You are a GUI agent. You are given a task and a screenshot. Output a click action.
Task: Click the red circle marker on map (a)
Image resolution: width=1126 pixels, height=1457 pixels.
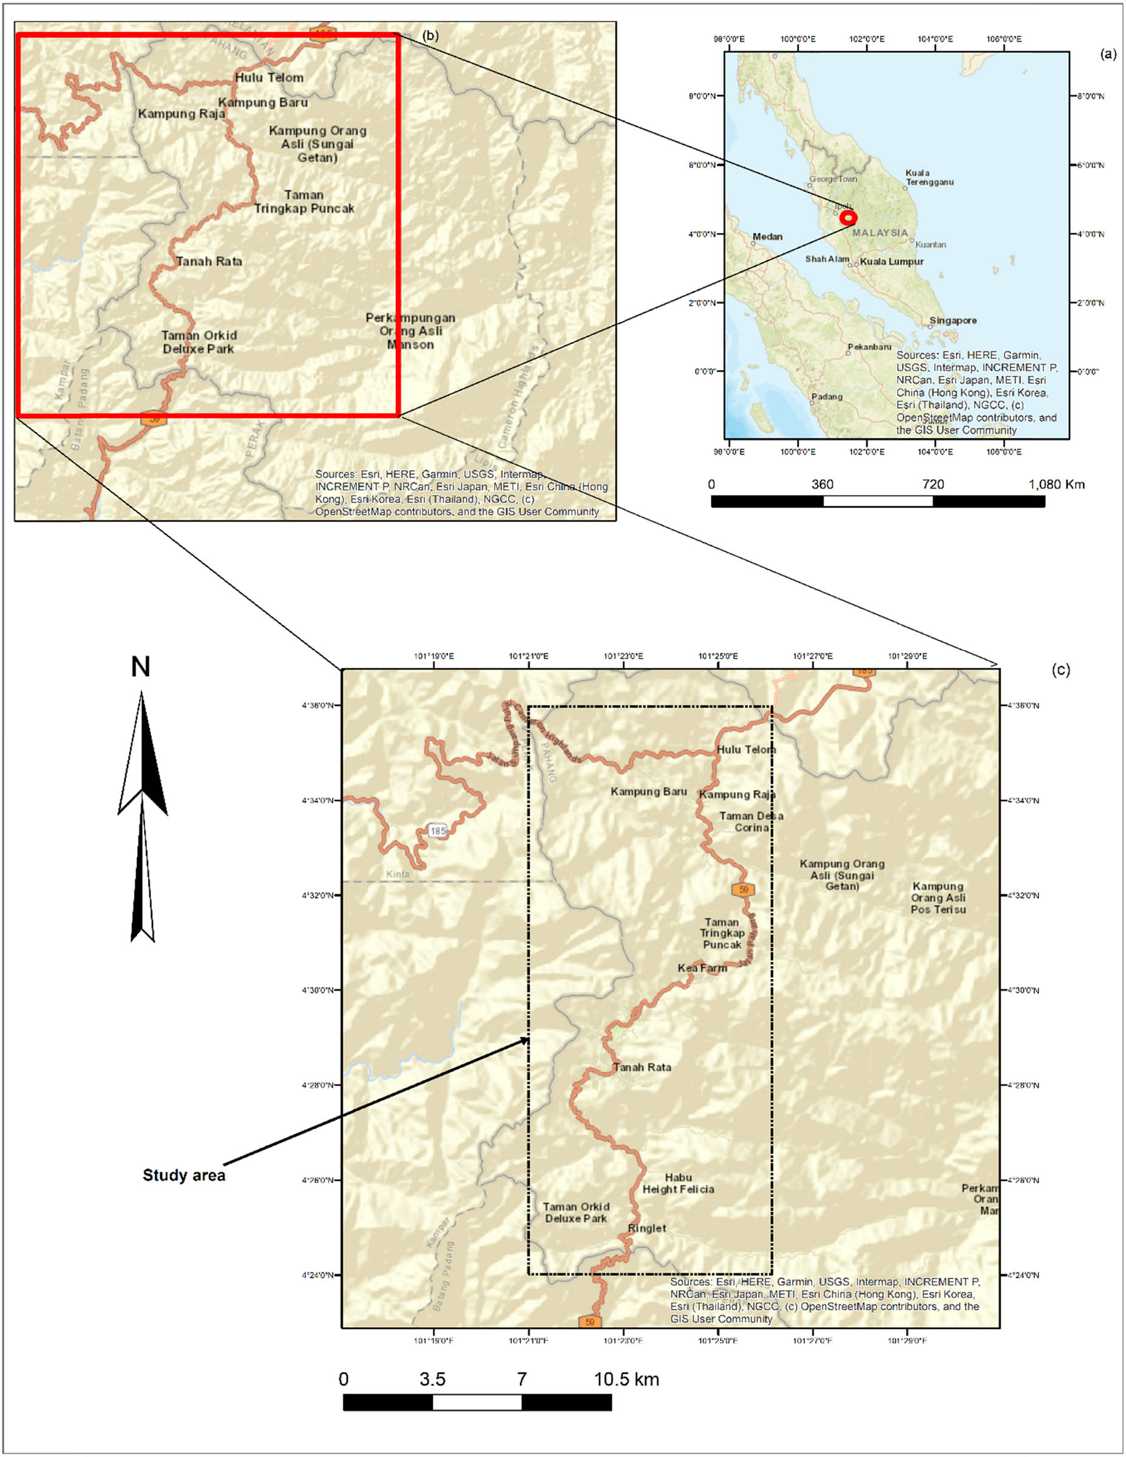848,217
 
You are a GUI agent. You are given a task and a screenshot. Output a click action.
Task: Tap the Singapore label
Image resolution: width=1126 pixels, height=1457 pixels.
952,321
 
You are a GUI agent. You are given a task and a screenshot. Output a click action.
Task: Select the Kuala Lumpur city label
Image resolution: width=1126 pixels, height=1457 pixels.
891,262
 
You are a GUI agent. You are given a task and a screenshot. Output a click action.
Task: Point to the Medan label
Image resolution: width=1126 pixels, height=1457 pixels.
767,237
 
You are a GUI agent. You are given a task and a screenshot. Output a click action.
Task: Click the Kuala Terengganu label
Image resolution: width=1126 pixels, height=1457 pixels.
929,177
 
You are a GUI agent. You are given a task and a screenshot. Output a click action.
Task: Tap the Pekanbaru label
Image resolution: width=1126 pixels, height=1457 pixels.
869,347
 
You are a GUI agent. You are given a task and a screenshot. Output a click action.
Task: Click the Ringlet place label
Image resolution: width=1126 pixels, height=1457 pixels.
646,1228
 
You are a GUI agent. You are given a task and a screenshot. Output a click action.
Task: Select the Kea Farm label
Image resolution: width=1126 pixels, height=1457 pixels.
702,968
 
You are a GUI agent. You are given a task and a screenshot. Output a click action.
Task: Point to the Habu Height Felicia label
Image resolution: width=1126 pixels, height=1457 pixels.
678,1183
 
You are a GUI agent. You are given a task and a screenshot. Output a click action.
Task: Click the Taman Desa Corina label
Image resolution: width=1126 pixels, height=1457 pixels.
751,821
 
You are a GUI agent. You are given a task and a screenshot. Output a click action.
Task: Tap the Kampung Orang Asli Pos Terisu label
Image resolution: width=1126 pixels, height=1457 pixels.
938,897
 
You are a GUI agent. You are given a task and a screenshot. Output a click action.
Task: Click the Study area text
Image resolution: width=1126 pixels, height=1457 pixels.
183,1175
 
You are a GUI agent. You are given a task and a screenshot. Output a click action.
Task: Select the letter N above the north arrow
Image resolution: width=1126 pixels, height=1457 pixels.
140,667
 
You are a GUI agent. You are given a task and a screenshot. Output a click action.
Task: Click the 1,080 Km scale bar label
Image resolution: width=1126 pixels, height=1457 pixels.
1057,484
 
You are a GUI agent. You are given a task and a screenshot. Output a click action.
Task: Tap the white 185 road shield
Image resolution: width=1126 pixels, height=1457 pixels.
438,831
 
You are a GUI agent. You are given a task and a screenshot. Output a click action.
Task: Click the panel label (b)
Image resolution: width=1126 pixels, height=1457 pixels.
431,35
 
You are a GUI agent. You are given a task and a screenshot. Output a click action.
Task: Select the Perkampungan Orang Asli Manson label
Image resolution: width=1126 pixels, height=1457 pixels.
410,331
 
